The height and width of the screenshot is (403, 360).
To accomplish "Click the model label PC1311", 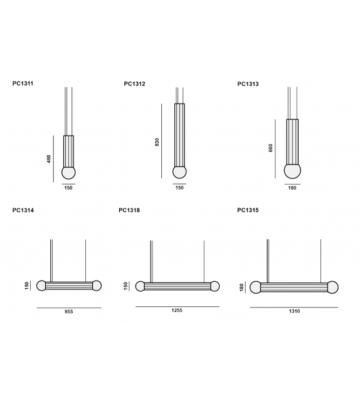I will [23, 83].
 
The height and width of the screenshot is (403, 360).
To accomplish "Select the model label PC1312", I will [135, 83].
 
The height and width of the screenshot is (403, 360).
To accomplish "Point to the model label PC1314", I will [23, 210].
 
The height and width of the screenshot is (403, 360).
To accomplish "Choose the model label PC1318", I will [129, 210].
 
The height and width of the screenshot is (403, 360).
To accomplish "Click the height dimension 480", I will [49, 159].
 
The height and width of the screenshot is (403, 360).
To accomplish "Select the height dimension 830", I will [157, 142].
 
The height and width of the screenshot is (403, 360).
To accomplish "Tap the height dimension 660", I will [271, 149].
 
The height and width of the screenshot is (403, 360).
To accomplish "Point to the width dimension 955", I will [68, 312].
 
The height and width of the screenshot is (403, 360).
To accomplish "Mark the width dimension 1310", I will [294, 312].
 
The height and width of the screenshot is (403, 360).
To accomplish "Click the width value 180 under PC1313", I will [292, 188].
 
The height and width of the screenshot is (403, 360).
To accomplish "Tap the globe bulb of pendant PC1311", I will [68, 173].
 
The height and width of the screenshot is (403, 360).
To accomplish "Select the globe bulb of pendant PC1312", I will [179, 172].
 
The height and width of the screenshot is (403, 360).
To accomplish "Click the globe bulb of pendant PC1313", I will [292, 171].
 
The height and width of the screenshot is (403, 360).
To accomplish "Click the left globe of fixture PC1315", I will [255, 287].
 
